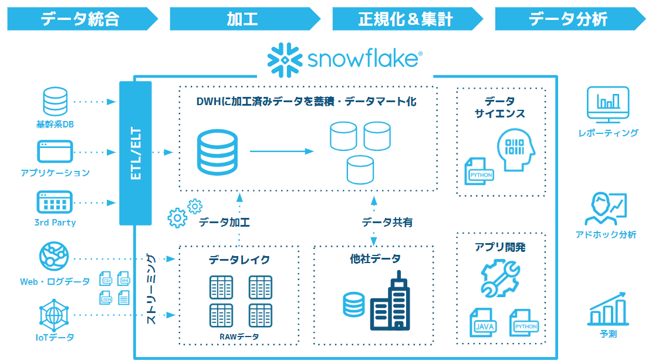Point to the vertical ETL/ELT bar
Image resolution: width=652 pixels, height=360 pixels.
136,153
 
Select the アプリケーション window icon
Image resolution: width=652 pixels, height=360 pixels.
55,152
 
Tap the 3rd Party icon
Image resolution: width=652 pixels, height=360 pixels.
55,202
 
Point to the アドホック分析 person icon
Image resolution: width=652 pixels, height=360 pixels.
606,209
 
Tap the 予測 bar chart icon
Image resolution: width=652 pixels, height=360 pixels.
607,309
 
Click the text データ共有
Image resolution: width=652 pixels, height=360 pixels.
387,222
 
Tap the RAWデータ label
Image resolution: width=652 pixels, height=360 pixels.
239,337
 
